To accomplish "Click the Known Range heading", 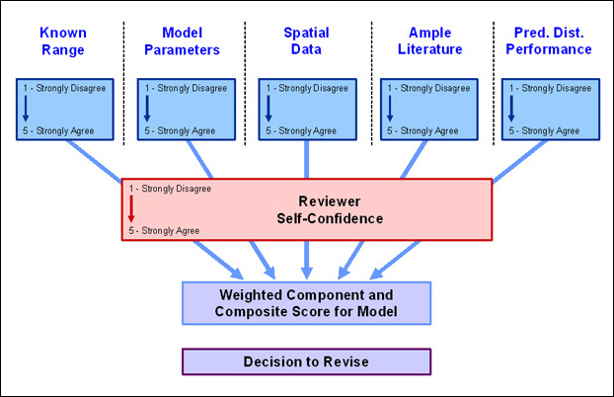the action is [63, 41].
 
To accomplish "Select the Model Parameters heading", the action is [182, 41].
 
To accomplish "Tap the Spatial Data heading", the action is [306, 40].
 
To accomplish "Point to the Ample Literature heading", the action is [430, 40].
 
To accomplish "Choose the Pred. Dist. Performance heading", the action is [549, 40].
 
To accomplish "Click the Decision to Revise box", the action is [306, 361].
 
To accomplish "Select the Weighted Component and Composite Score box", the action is [306, 303].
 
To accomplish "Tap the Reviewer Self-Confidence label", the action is [330, 209].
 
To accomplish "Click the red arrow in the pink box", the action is [131, 209].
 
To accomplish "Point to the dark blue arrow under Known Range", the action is [26, 109].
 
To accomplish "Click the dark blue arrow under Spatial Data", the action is [269, 109].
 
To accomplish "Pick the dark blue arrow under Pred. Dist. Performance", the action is [511, 109].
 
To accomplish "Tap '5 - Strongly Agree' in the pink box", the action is [164, 231].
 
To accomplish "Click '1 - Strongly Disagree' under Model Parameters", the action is [186, 88].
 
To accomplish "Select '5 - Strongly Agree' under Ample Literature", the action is [422, 131].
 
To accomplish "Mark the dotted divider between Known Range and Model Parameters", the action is [124, 84].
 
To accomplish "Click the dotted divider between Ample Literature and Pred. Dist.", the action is [494, 84].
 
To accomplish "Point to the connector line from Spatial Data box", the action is [307, 159].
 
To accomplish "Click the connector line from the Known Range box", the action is [94, 161].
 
